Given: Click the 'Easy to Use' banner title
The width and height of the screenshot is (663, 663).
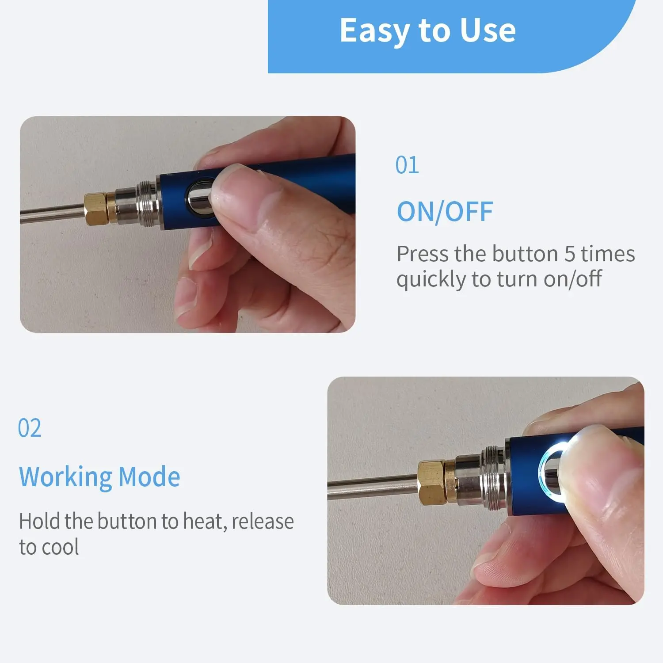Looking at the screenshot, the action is (x=427, y=31).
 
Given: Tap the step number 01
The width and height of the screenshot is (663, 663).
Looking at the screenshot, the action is (x=407, y=165).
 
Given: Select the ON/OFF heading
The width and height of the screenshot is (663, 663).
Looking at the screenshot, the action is (x=445, y=212).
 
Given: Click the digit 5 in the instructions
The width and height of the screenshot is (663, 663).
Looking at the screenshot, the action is (x=569, y=254).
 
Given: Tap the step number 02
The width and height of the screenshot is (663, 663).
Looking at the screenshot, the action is (x=30, y=428).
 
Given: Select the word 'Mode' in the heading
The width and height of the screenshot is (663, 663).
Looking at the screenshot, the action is (x=149, y=477).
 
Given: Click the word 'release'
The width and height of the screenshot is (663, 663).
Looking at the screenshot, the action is (x=263, y=522).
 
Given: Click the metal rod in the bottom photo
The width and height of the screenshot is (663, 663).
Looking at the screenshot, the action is (x=373, y=487).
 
